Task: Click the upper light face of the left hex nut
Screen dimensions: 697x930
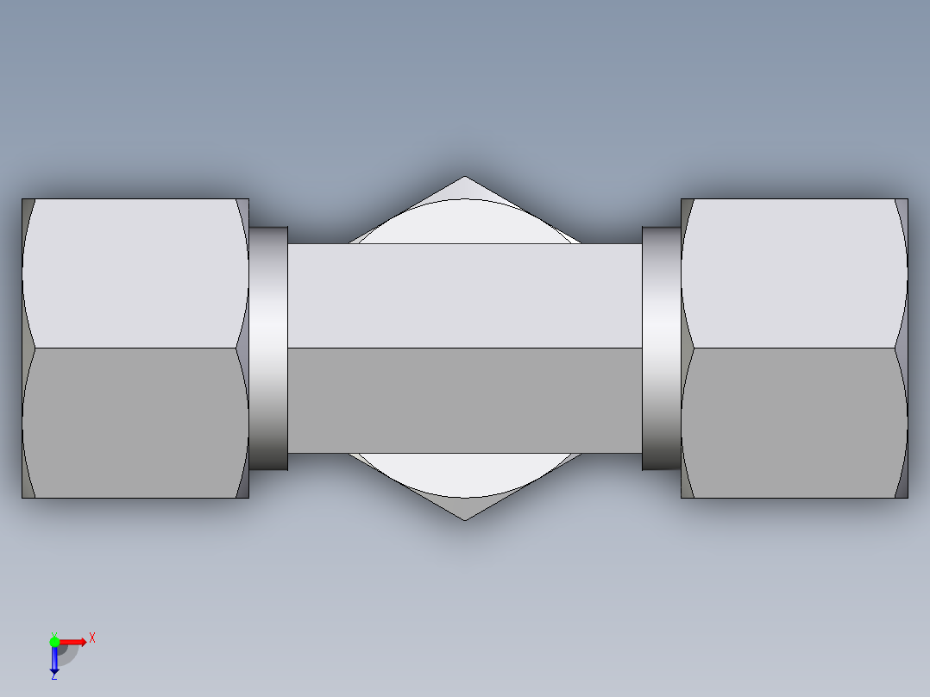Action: coord(134,272)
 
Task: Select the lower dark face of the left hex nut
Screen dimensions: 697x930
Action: coord(134,423)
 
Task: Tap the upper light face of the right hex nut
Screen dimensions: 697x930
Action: coord(794,272)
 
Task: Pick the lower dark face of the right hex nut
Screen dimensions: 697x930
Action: coord(794,423)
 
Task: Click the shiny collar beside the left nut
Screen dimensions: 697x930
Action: coord(268,348)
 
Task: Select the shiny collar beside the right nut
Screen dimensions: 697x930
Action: coord(661,348)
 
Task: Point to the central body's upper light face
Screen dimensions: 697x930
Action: coord(464,295)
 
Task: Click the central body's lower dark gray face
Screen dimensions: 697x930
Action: coord(464,400)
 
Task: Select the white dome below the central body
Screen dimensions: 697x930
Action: coord(465,475)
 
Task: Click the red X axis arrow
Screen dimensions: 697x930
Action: coord(76,641)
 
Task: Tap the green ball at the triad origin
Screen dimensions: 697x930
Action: coord(54,641)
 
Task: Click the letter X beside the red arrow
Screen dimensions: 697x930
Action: coord(92,638)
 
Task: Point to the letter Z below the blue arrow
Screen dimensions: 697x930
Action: coord(53,676)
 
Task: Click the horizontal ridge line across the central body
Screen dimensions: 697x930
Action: coord(464,348)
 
